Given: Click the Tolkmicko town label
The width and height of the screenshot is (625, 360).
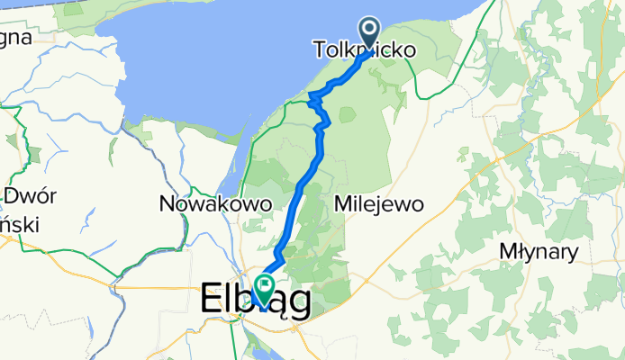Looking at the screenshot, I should (365, 51).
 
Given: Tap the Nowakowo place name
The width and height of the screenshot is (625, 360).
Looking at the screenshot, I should (215, 204).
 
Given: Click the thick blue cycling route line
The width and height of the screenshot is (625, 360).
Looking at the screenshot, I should (306, 180).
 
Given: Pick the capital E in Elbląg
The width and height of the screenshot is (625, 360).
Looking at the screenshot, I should (208, 299).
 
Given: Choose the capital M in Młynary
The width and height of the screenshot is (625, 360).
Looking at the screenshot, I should (509, 252).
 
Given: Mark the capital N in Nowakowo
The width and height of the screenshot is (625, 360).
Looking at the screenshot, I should (167, 204).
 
